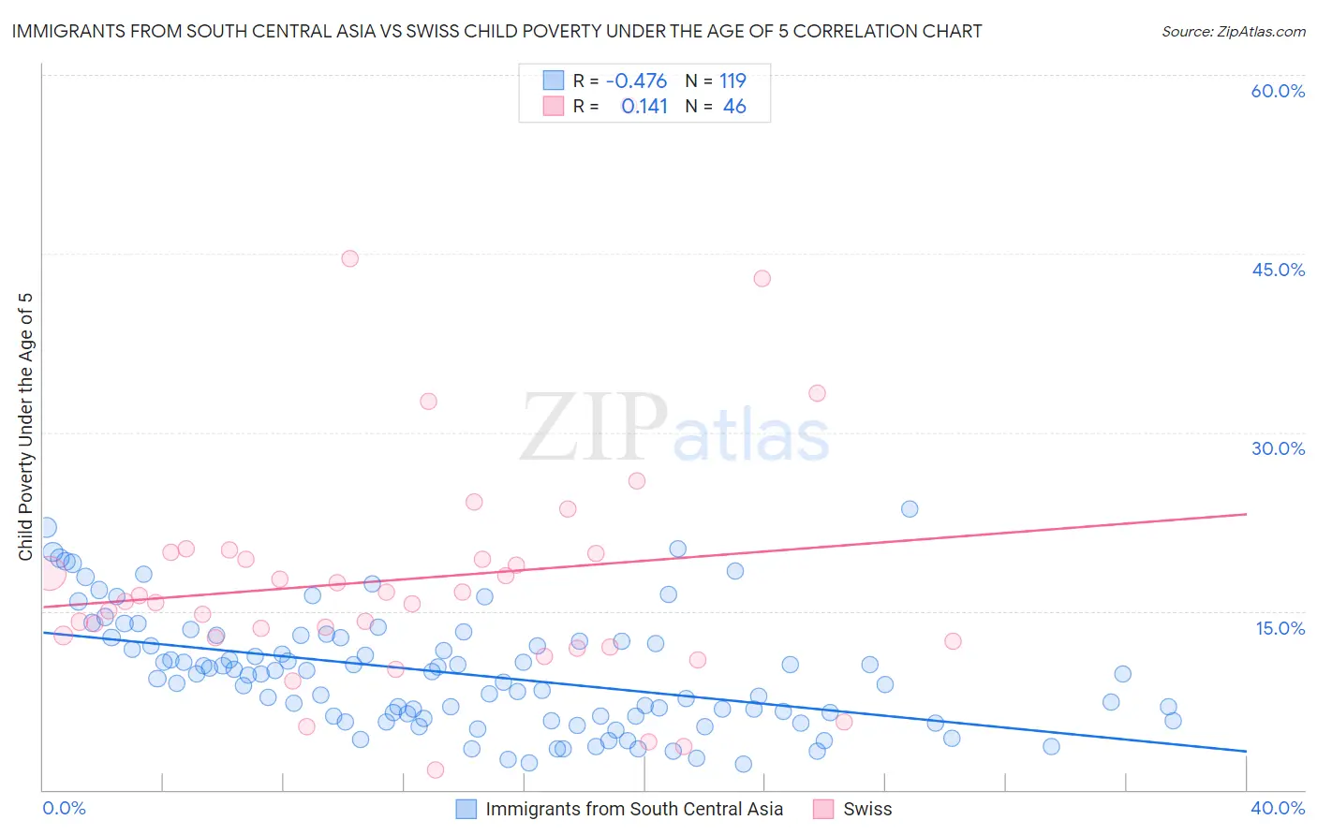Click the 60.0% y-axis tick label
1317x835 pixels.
1278,91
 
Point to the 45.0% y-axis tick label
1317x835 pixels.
1278,270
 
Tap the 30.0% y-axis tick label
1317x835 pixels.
1278,448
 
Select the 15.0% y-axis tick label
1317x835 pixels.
1280,627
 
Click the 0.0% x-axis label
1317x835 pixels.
64,808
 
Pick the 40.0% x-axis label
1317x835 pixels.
1277,808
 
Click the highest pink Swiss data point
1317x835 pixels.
349,258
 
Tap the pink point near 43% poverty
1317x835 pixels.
762,278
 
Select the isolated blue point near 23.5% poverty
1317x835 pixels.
909,509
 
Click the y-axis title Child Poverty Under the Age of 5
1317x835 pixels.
26,427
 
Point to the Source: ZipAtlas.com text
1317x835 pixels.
1233,31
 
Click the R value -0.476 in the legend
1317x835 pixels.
636,81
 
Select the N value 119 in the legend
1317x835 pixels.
732,81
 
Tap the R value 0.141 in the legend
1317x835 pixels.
644,107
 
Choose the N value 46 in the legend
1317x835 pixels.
734,107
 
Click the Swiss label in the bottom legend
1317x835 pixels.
867,809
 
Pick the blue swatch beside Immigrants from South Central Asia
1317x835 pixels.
466,809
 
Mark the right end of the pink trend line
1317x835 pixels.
1246,514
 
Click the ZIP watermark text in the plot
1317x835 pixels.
594,428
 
